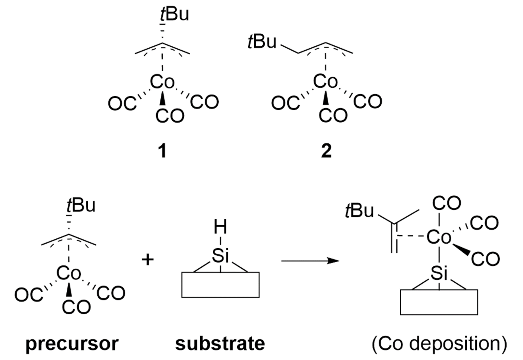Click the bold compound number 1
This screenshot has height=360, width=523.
(x=163, y=151)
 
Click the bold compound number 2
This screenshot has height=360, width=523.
(x=326, y=151)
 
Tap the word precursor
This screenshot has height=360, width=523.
(x=72, y=344)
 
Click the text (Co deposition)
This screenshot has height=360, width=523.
(x=439, y=344)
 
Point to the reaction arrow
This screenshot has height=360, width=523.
(x=310, y=261)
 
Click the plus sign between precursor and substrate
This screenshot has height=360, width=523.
(x=147, y=260)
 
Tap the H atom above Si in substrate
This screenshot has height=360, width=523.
(x=220, y=227)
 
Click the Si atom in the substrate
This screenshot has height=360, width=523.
(x=220, y=255)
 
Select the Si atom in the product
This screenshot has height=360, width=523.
(x=439, y=273)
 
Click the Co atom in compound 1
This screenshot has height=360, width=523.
(x=162, y=82)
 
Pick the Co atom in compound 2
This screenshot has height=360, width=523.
(x=326, y=82)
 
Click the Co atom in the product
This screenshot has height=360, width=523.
(x=439, y=237)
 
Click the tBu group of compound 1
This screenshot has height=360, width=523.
(x=174, y=15)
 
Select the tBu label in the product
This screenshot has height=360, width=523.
(x=359, y=211)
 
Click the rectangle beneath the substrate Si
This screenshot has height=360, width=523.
(x=220, y=285)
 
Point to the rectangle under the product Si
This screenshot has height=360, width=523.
(x=439, y=302)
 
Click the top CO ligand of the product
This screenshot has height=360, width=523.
(x=446, y=204)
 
